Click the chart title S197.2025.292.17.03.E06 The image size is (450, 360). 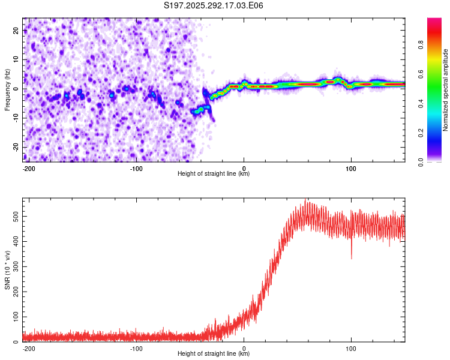click(x=214, y=6)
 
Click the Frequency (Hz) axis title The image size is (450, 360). click(x=7, y=89)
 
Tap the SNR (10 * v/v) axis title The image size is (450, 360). click(x=7, y=269)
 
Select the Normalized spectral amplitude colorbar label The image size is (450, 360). click(x=446, y=90)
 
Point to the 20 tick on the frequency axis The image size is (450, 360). click(x=17, y=31)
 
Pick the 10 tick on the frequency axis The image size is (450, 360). click(x=17, y=60)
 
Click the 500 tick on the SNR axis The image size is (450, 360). click(x=14, y=214)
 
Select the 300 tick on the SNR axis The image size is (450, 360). click(x=14, y=265)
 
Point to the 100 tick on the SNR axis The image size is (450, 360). click(x=14, y=316)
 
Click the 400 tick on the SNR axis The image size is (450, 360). click(x=14, y=240)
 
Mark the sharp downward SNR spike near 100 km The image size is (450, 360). click(x=352, y=257)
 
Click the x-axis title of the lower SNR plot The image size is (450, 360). click(x=214, y=354)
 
